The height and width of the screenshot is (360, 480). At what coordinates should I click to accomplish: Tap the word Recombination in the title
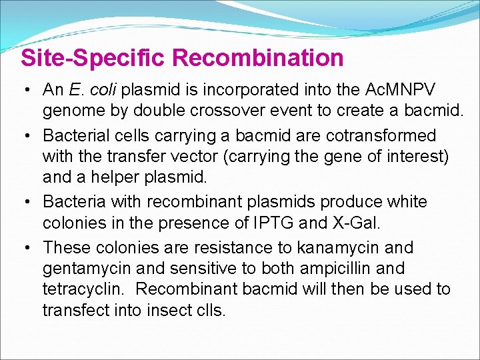click(x=258, y=58)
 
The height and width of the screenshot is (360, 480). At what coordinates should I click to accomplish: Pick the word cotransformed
click(x=381, y=135)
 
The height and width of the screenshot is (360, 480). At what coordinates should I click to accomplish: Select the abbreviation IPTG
click(x=297, y=222)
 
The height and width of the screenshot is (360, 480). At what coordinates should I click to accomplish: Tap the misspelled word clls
click(x=209, y=311)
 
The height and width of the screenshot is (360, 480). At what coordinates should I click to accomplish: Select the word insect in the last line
click(x=169, y=311)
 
